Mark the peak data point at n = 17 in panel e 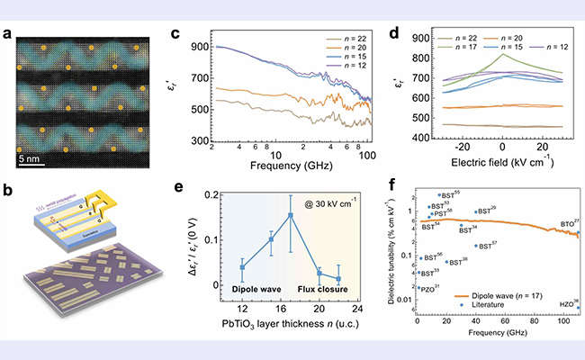(290, 215)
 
